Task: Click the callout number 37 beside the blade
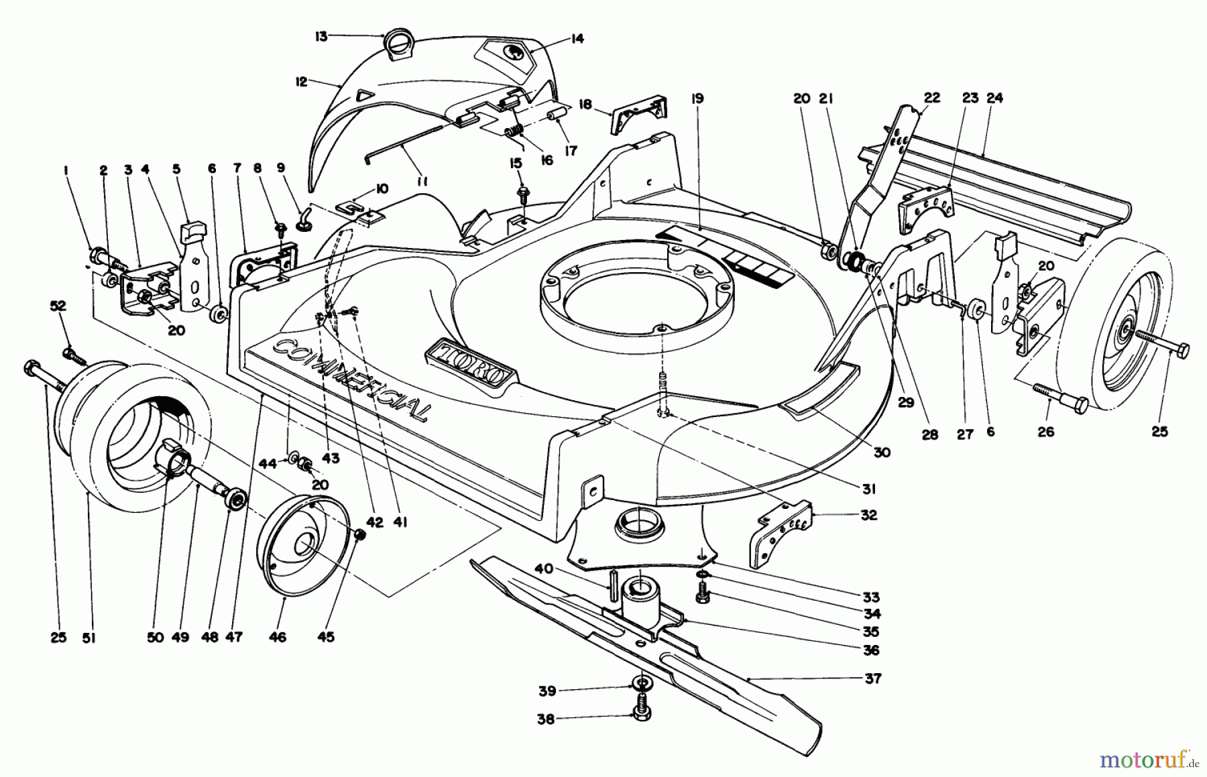pyautogui.click(x=872, y=678)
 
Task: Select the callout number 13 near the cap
pyautogui.click(x=321, y=36)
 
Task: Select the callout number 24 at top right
pyautogui.click(x=994, y=98)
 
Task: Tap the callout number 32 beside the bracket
pyautogui.click(x=868, y=515)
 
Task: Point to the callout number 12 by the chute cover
pyautogui.click(x=301, y=82)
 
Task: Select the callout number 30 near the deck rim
pyautogui.click(x=882, y=453)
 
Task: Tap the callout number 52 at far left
pyautogui.click(x=58, y=305)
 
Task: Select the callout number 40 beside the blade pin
pyautogui.click(x=544, y=569)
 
